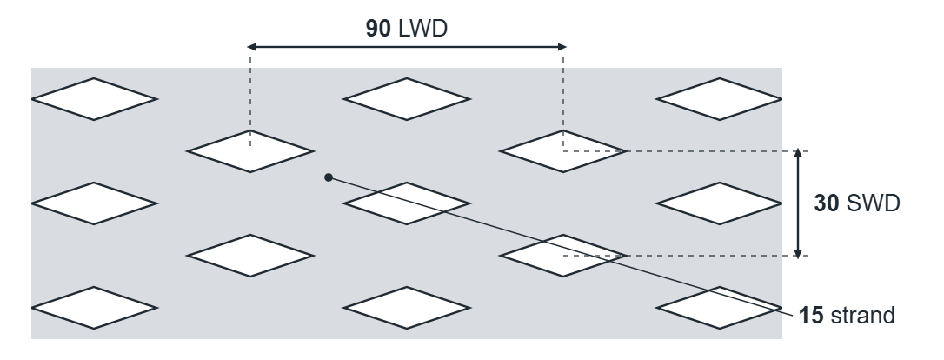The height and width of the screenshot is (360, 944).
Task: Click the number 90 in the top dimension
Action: tap(378, 29)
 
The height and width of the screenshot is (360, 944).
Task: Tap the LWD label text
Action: tap(423, 29)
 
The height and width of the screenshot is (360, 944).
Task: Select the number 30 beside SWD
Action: tap(826, 203)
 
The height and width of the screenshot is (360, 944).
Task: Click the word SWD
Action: tap(874, 203)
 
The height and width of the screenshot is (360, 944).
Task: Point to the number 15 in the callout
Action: tap(811, 316)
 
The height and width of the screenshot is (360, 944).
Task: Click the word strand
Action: tap(862, 316)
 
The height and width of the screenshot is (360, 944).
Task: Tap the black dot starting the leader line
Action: tap(328, 177)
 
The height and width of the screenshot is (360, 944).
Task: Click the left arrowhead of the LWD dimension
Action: tap(252, 46)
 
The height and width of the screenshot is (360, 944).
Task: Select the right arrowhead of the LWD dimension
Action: tap(562, 46)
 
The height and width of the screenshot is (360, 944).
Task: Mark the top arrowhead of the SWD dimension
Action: tap(798, 153)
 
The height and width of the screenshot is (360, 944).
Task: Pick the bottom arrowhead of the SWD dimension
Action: tap(798, 253)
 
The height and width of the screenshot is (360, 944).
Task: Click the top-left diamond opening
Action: tap(94, 99)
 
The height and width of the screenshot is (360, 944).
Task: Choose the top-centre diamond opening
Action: tap(407, 99)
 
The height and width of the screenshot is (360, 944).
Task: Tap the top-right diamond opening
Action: tap(720, 99)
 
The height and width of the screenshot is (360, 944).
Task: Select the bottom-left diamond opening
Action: tap(94, 308)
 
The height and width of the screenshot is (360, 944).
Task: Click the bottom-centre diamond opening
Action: tap(407, 308)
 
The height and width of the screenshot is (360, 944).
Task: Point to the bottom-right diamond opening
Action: tap(720, 308)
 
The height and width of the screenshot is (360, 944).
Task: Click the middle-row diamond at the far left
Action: tap(94, 203)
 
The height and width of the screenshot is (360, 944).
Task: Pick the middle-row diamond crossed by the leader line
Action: tap(407, 203)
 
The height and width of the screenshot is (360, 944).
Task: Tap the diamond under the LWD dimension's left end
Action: tap(250, 151)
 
